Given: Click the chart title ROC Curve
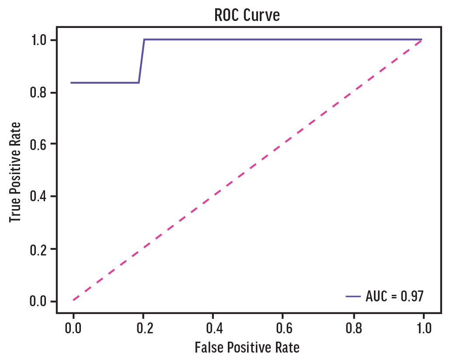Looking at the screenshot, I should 247,15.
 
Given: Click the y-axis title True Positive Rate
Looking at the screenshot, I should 16,171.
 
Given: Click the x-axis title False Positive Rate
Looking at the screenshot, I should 247,348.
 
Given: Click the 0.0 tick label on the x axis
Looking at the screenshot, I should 73,328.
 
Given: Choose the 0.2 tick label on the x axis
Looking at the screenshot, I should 143,328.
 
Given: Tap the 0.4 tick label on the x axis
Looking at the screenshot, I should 213,328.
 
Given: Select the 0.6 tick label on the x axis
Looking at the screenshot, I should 283,328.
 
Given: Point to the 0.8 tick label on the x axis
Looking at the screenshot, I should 353,328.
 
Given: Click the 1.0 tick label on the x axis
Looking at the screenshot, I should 422,328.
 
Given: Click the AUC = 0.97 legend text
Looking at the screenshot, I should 394,296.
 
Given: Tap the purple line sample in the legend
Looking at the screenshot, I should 353,296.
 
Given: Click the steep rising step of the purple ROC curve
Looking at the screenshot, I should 142,61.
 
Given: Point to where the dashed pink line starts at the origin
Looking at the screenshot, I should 74,300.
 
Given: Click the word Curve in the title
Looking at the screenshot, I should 265,15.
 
